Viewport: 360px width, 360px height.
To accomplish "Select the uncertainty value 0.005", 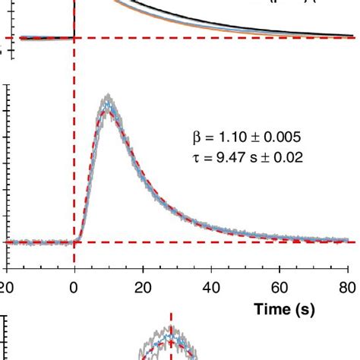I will [282, 137].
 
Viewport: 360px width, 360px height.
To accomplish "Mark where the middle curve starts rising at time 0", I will [75, 242].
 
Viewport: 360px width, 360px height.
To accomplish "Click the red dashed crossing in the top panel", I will [74, 37].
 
